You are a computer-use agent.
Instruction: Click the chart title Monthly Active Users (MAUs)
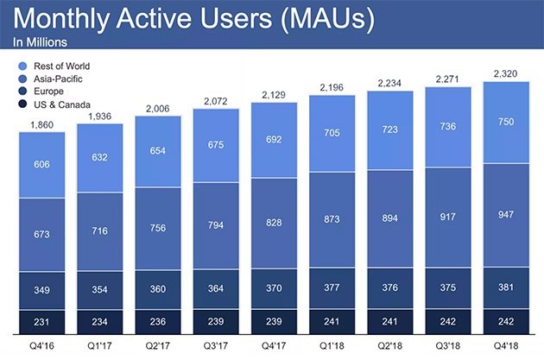click(x=193, y=19)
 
